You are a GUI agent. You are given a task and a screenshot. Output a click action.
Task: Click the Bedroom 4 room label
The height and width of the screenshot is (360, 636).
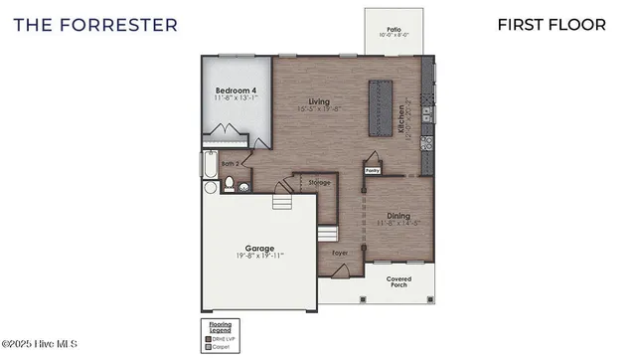click(237, 90)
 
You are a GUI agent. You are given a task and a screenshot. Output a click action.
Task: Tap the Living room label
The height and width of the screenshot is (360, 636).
click(318, 101)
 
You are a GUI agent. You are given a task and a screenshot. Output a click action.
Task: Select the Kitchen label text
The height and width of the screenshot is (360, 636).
click(402, 118)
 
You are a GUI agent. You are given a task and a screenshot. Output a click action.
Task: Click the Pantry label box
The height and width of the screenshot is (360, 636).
click(373, 170)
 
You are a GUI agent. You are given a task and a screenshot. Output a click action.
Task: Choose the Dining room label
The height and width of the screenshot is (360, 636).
click(397, 216)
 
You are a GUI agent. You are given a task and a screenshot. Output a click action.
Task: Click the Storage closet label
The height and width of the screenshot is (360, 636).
click(319, 183)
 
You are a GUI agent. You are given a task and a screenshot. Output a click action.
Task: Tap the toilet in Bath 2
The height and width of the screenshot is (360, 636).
click(228, 184)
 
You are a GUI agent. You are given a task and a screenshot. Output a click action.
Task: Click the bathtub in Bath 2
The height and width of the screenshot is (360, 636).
click(209, 170)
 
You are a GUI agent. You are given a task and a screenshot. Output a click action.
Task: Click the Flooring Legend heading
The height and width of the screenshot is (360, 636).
click(220, 325)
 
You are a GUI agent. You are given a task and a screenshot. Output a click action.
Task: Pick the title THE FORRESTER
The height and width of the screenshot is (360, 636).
click(96, 24)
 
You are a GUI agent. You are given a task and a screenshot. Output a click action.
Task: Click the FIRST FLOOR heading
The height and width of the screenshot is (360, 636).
click(552, 24)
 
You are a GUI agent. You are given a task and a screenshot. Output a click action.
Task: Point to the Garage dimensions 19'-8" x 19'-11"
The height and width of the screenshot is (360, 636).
click(259, 257)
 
